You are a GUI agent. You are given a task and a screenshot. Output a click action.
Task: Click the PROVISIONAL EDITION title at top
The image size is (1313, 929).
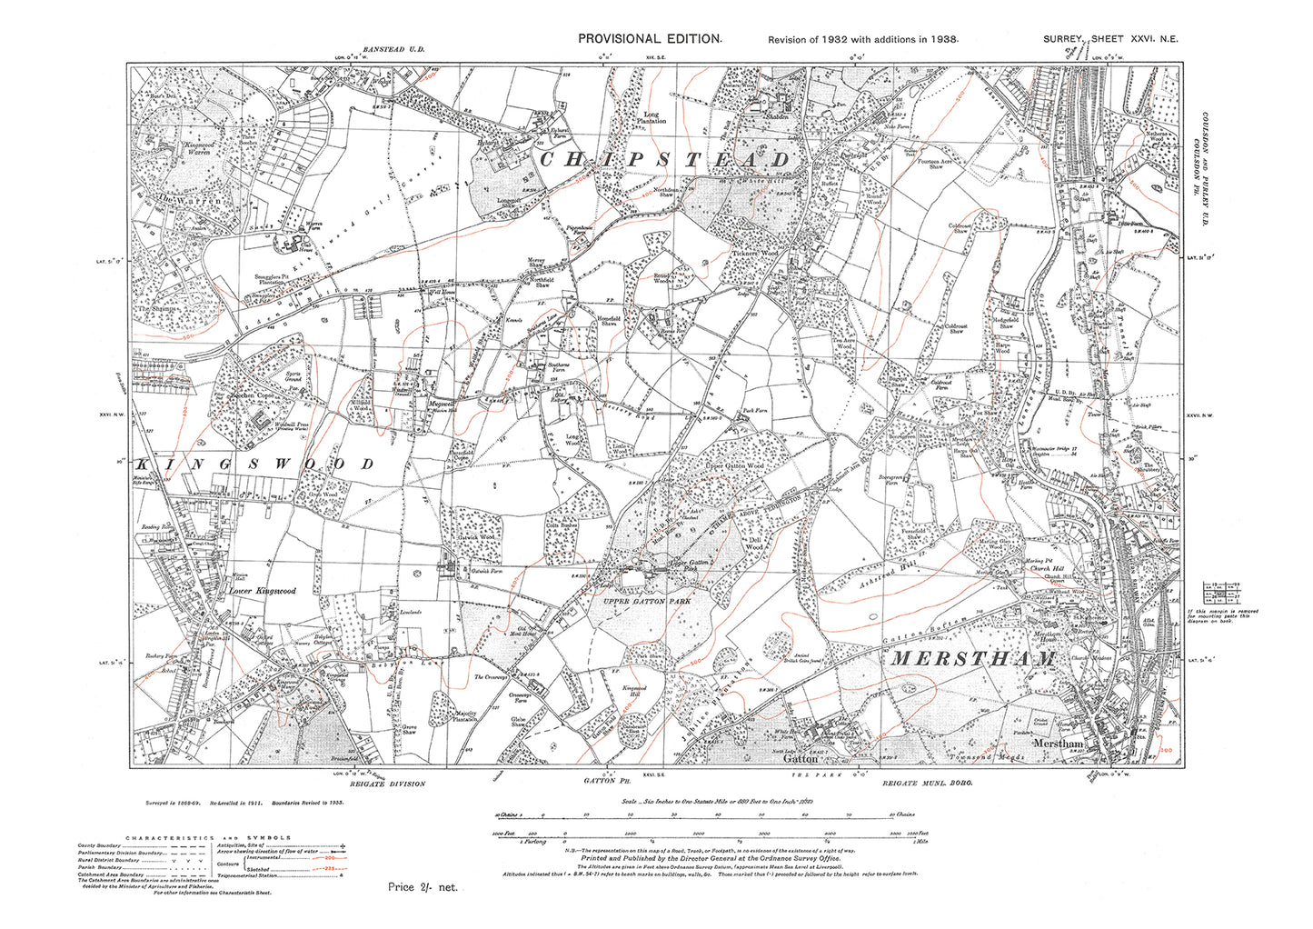point(651,38)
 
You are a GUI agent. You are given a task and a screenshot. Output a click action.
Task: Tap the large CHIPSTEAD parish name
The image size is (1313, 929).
point(665,160)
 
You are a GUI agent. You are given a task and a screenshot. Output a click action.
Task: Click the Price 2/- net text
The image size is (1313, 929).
point(423,887)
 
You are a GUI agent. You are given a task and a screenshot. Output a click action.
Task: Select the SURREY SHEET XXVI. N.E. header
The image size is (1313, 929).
point(1110,38)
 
